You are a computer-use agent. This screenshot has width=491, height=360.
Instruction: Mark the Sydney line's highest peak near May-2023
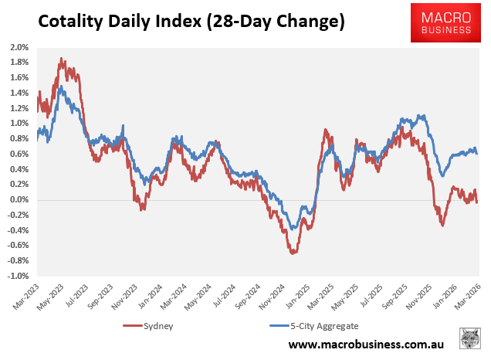[61, 59]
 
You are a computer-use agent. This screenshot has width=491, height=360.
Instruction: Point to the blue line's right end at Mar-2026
[477, 153]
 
